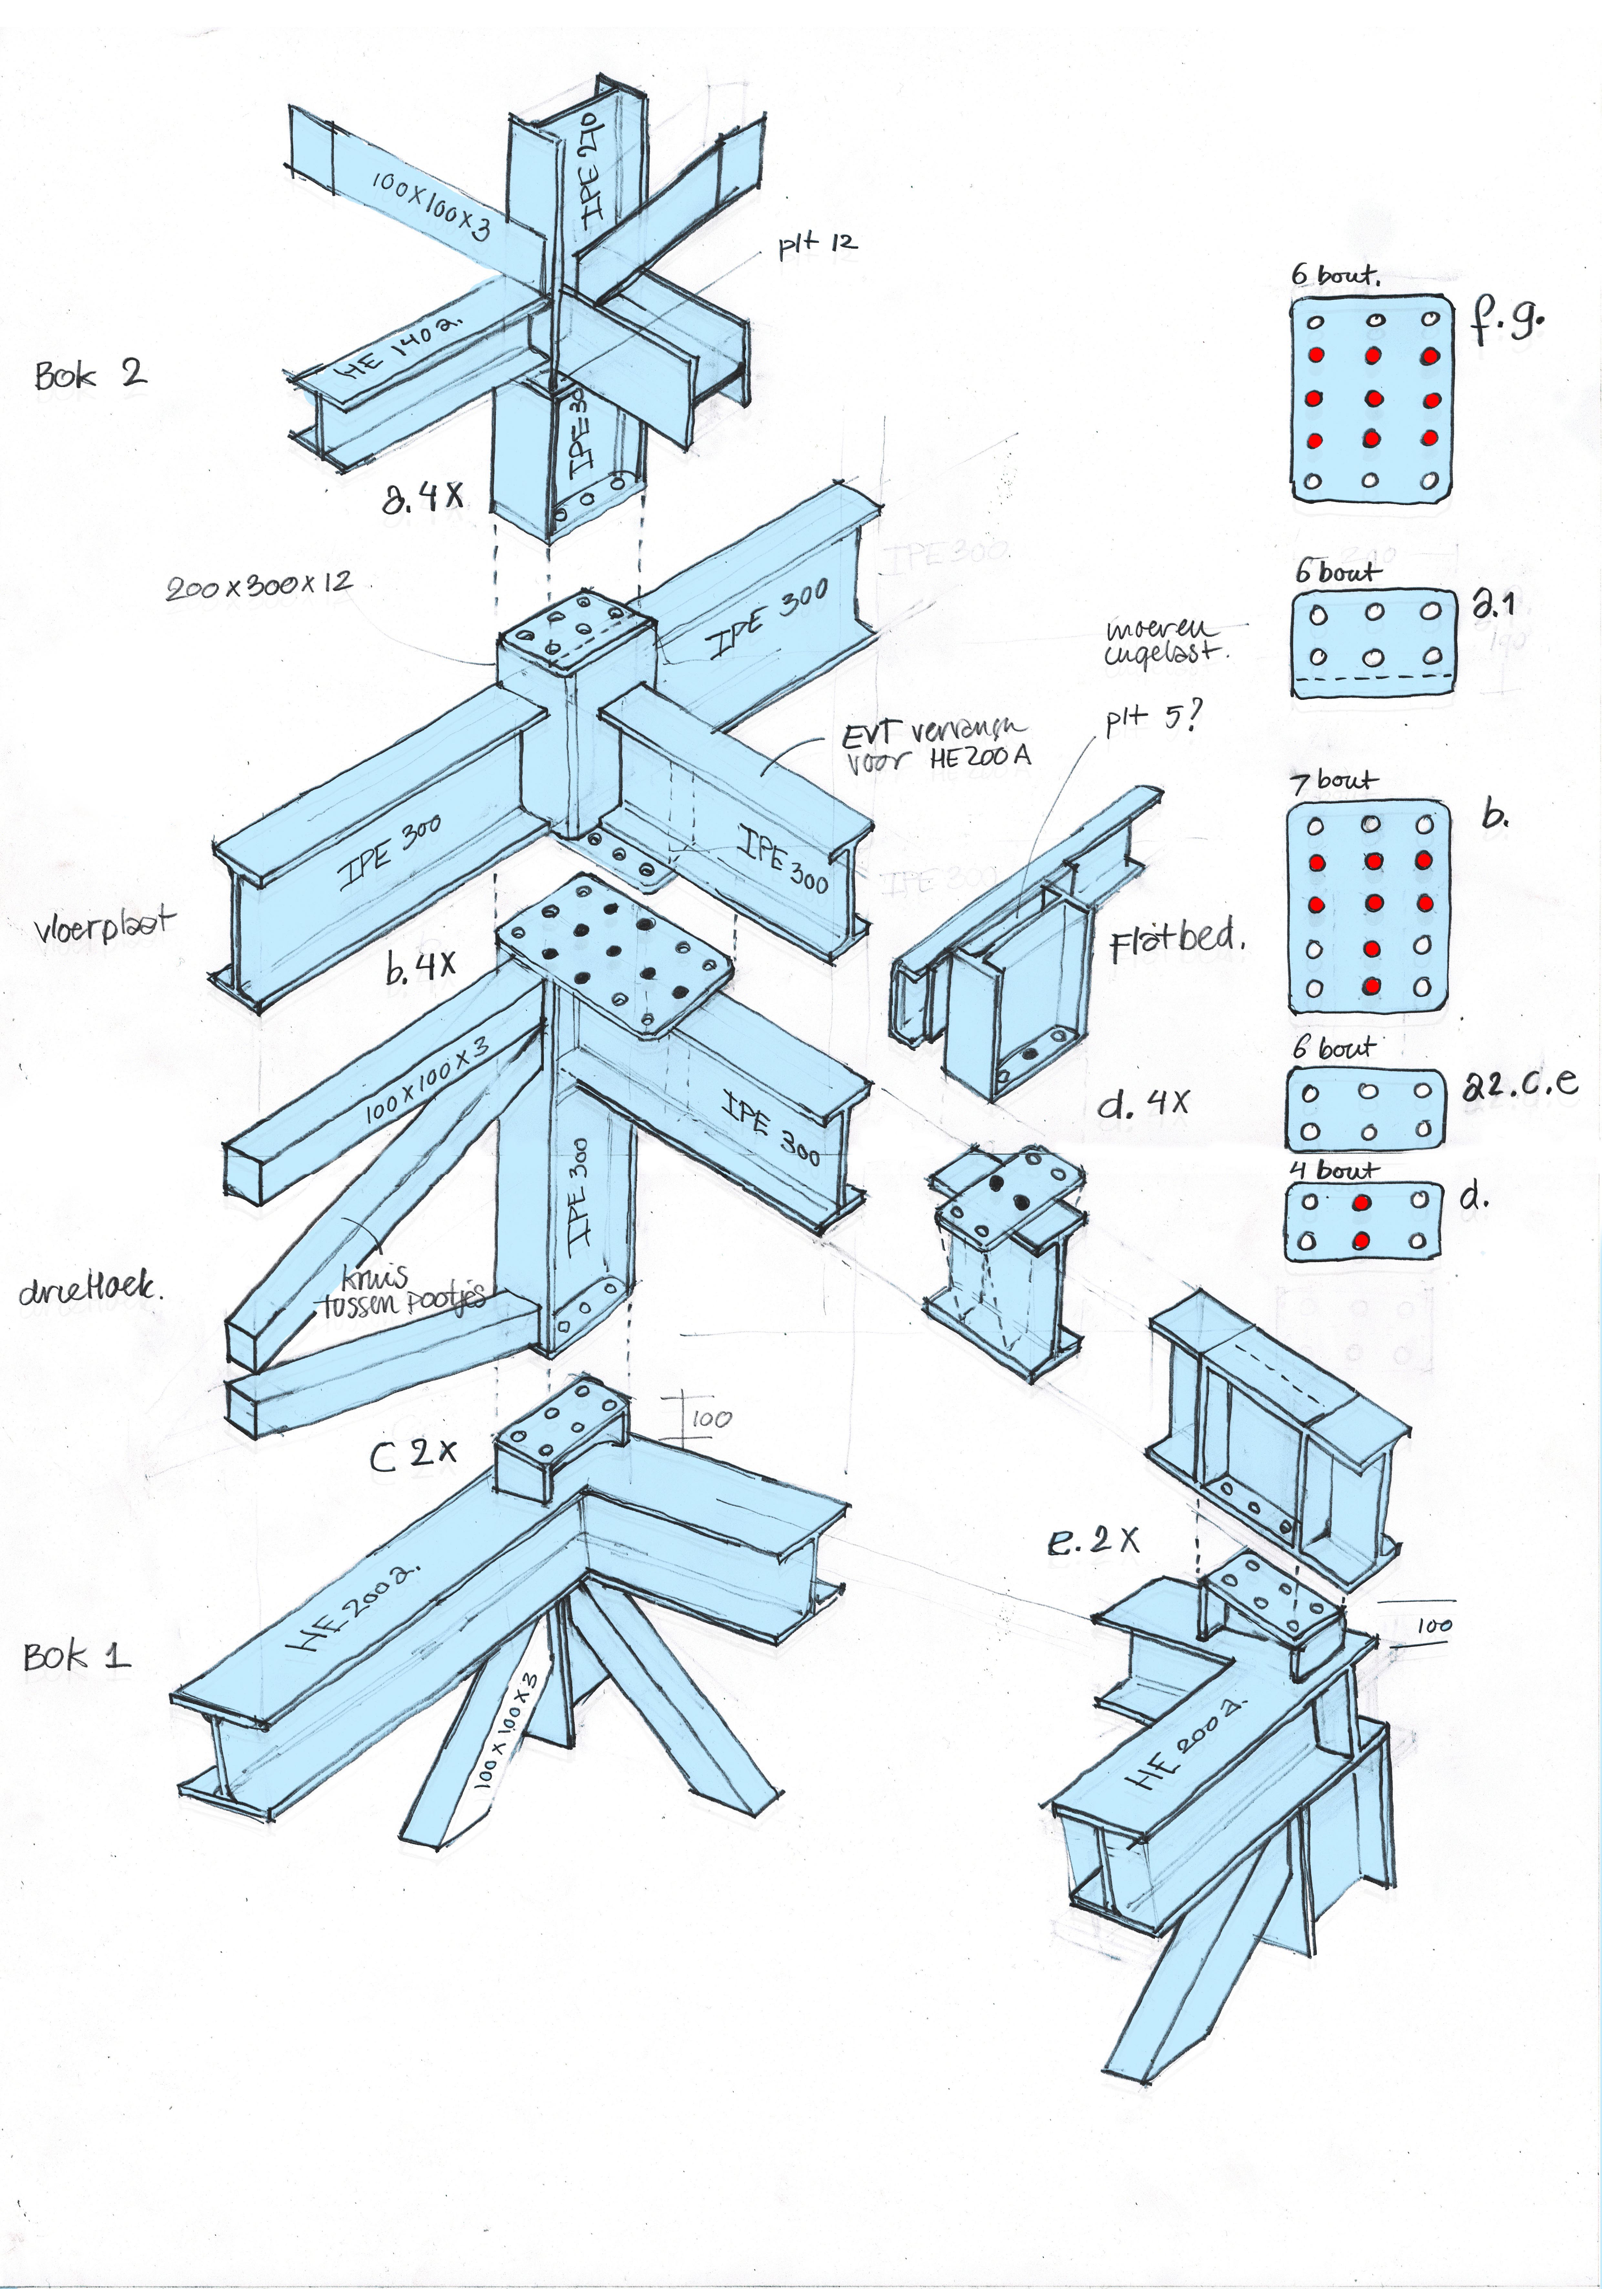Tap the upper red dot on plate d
click(1361, 1203)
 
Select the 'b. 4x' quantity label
click(421, 966)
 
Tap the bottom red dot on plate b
click(1372, 986)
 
